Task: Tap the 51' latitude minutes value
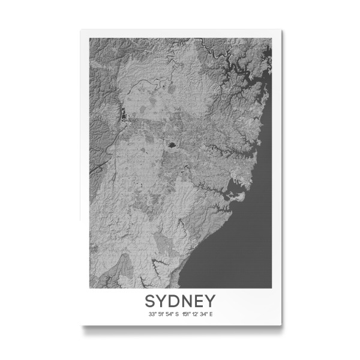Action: point(161,313)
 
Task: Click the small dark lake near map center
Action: point(172,145)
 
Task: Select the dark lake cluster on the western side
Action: point(124,113)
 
